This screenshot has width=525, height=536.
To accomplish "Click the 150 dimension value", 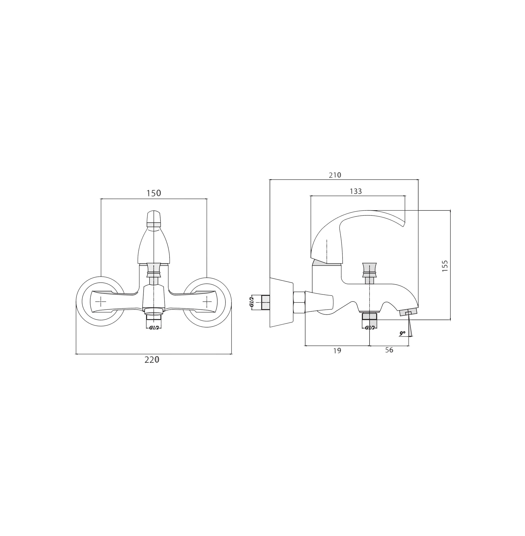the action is [x=153, y=193].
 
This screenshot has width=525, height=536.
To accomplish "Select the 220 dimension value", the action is [x=152, y=360].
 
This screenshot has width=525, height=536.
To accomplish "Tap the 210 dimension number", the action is [x=335, y=175].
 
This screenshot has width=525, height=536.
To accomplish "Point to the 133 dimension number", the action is [x=356, y=191].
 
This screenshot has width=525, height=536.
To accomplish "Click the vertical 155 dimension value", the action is [x=445, y=266].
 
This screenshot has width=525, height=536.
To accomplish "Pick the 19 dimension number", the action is [x=337, y=351].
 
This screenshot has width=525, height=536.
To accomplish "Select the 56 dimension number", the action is [x=389, y=350].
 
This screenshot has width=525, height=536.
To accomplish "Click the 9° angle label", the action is [x=402, y=333].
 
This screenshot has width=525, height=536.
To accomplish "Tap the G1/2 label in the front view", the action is [x=154, y=328].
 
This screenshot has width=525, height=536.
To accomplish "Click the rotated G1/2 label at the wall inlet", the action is [x=251, y=302].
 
